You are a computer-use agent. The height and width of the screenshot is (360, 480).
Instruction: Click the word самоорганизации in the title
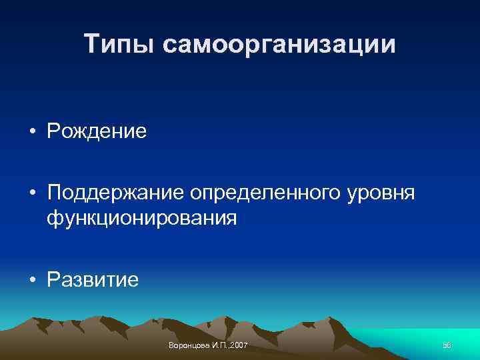click(279, 46)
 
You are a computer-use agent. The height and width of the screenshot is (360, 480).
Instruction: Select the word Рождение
click(96, 131)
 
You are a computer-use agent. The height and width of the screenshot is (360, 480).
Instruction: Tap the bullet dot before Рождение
click(32, 131)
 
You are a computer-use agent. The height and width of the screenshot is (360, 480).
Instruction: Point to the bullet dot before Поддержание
click(32, 193)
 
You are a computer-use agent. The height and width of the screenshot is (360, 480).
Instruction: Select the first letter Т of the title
click(92, 45)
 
